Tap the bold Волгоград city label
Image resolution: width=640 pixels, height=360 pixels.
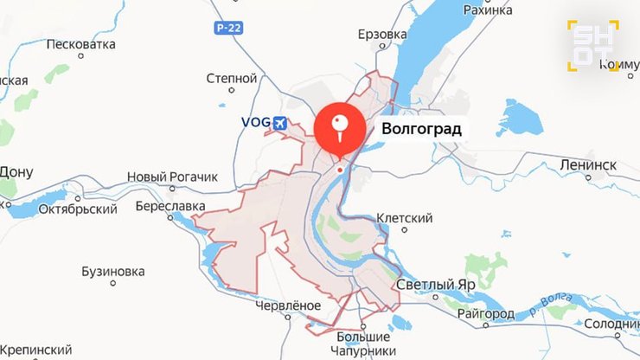(416, 130)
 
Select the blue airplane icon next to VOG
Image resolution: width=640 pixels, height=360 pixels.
(279, 125)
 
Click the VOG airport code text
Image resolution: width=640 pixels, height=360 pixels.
(255, 125)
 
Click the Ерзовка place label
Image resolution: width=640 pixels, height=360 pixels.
(381, 35)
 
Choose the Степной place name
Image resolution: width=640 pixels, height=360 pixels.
(232, 78)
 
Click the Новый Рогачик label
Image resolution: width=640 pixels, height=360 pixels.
(172, 177)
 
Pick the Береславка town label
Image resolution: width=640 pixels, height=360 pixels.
(170, 206)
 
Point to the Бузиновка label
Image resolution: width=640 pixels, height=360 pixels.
(112, 271)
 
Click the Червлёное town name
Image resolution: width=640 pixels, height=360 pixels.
(288, 305)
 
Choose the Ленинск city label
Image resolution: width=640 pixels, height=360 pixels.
(588, 164)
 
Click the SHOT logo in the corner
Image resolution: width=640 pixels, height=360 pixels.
(592, 44)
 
